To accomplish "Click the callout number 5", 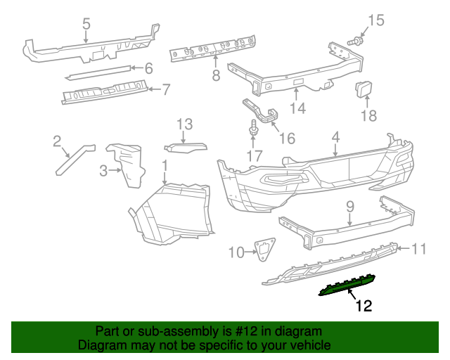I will (86, 24).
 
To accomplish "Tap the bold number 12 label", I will (363, 306).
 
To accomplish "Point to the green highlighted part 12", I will (349, 285).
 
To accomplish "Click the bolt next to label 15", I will (354, 42).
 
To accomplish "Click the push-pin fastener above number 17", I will (252, 131).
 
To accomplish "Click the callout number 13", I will (184, 124).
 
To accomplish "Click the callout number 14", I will (299, 108).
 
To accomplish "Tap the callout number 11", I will (420, 248).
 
